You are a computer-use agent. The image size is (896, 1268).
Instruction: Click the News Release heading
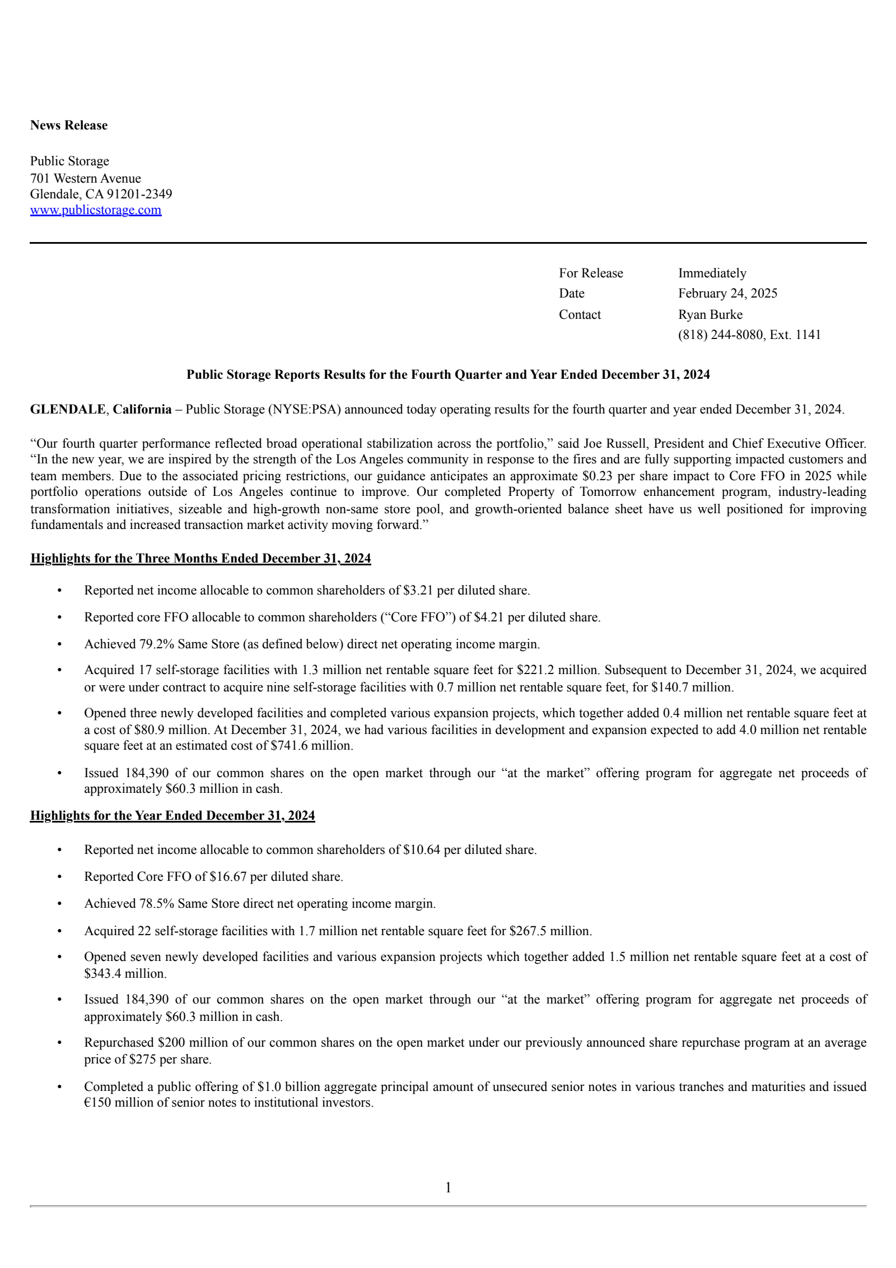click(x=69, y=126)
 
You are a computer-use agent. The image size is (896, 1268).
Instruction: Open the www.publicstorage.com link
click(x=96, y=210)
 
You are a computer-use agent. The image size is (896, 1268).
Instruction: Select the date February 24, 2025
click(x=727, y=294)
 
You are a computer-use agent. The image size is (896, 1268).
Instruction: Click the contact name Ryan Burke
click(x=710, y=315)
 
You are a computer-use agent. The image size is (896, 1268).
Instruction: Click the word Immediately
click(x=712, y=273)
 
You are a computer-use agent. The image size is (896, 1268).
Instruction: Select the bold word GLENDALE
click(x=68, y=410)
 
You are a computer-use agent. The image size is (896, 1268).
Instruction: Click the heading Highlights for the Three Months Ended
click(x=200, y=559)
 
